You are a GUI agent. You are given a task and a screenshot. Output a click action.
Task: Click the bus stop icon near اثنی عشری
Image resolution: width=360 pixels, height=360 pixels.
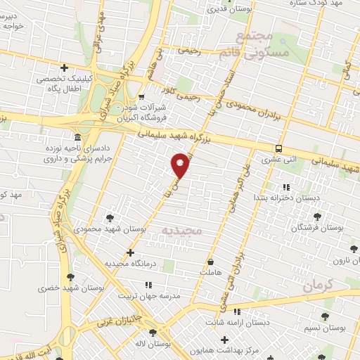[x=280, y=148]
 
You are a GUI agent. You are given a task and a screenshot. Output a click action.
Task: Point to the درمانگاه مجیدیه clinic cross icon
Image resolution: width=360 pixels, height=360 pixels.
[x=129, y=252]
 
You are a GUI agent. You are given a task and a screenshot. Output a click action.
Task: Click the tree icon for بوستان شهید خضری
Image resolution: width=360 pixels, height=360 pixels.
[x=70, y=277]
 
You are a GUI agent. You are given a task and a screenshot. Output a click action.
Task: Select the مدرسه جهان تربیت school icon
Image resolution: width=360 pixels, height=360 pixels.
[x=148, y=285]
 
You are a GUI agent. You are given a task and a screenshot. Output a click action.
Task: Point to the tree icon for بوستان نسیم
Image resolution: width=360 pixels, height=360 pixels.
[x=324, y=318]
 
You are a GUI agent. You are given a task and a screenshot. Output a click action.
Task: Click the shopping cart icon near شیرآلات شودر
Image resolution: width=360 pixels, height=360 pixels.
[x=142, y=97]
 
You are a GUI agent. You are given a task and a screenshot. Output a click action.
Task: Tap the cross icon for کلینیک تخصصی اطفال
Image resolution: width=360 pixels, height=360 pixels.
[x=65, y=68]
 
